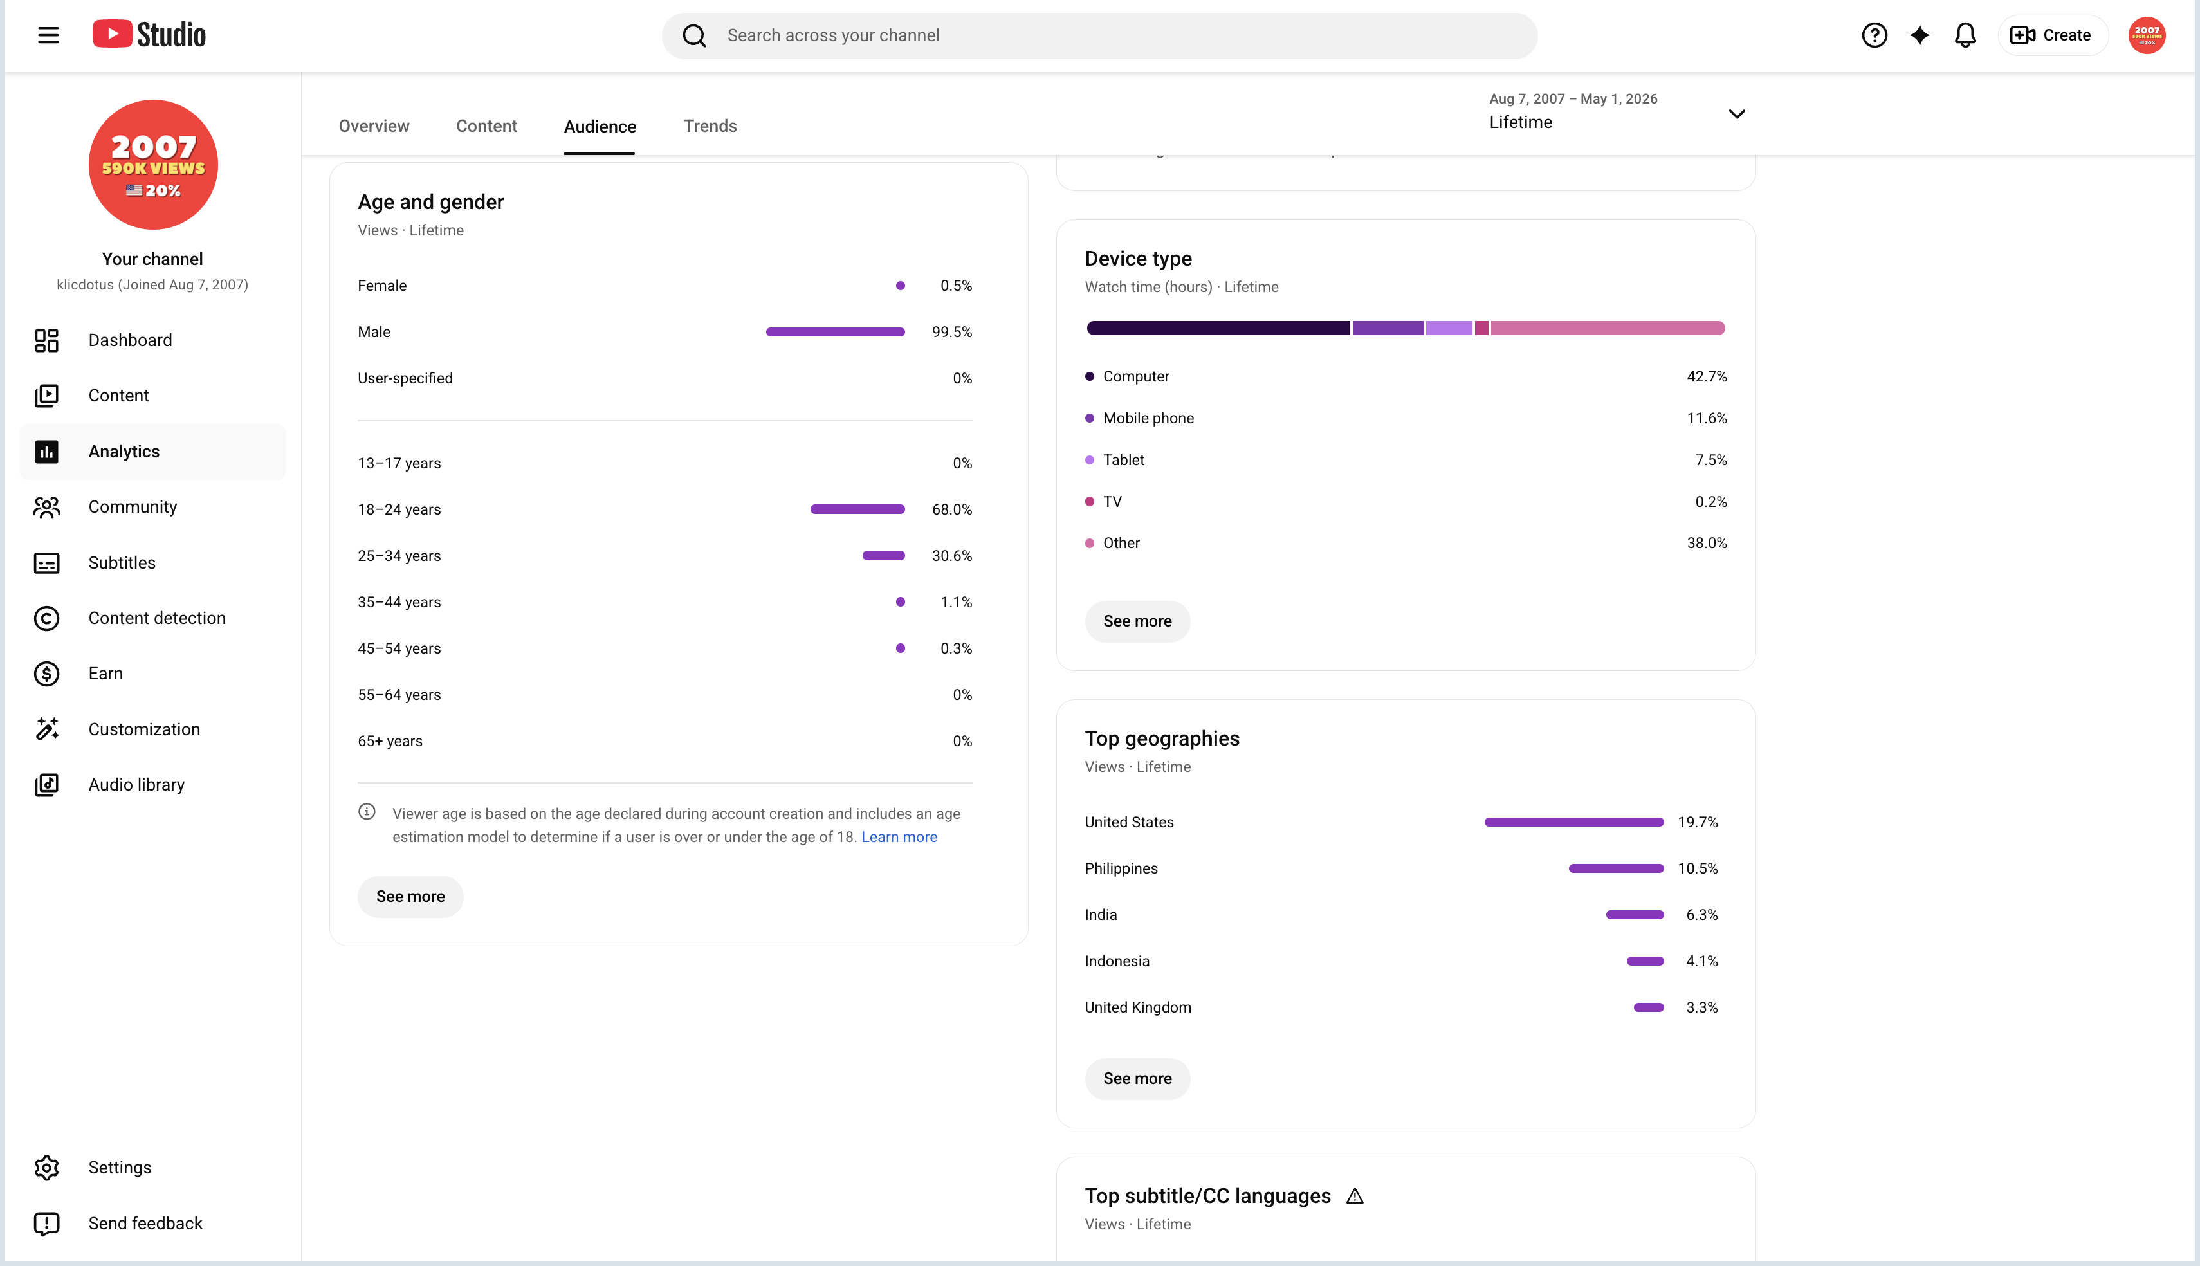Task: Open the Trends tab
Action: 710,126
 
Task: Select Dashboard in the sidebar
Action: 131,340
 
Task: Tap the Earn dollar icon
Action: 47,674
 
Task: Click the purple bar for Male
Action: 836,332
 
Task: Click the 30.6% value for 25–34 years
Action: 952,556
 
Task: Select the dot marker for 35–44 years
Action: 901,601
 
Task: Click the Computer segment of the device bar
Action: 1218,328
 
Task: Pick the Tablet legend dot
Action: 1090,460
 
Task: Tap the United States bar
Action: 1574,821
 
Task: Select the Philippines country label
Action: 1121,868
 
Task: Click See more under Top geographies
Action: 1137,1078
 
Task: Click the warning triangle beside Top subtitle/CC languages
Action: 1354,1197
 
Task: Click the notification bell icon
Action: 1965,35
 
